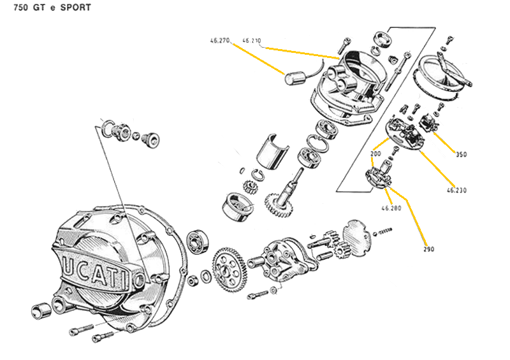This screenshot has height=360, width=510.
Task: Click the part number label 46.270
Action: (219, 40)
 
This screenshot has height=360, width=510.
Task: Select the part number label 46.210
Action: (252, 40)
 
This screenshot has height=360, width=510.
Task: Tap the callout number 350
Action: (461, 154)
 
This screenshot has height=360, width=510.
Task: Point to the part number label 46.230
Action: (456, 189)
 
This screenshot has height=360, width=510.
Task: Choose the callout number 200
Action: (375, 154)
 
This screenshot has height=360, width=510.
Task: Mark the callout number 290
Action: (428, 249)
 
